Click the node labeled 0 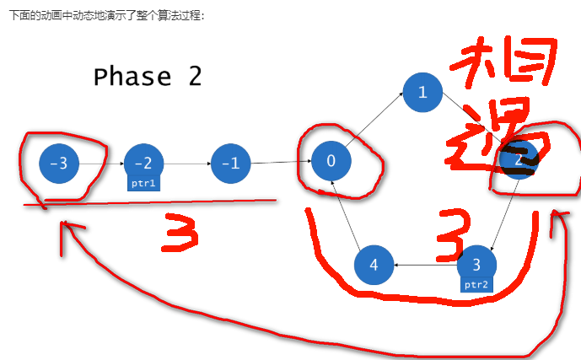click(331, 161)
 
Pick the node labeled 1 click(422, 93)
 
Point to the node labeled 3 click(476, 263)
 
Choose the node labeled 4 click(374, 266)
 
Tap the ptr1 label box click(143, 182)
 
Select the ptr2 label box click(476, 285)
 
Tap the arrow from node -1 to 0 click(281, 162)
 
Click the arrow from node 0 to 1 click(376, 127)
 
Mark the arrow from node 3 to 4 click(426, 266)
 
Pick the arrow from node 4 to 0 click(352, 214)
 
